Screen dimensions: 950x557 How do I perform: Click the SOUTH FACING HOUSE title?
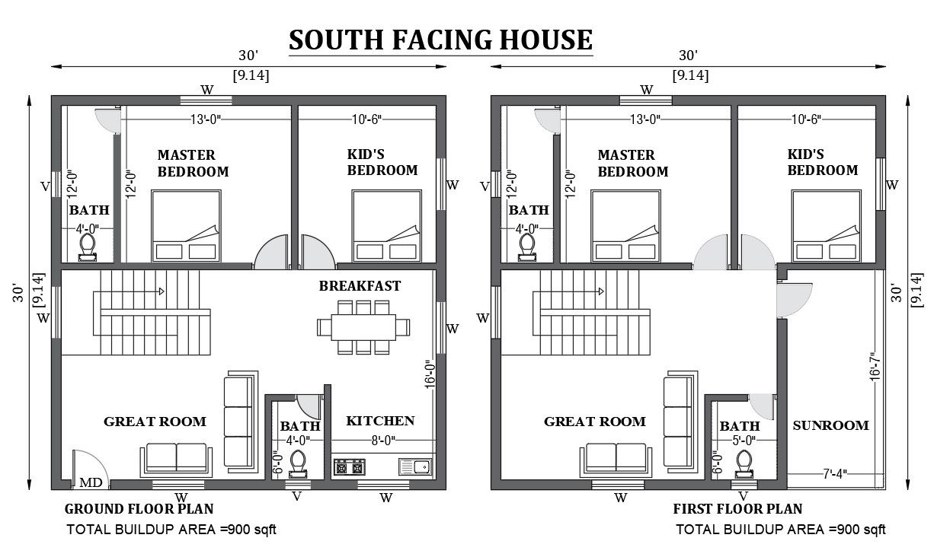tap(440, 40)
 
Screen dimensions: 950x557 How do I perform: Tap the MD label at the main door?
tap(91, 482)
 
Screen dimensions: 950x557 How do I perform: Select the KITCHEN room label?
tap(380, 421)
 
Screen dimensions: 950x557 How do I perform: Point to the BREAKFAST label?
tap(360, 286)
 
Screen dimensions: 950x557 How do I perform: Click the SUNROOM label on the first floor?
tap(831, 425)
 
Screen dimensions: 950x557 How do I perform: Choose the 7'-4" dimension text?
tap(835, 474)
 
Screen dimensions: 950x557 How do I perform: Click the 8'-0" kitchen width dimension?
tap(383, 441)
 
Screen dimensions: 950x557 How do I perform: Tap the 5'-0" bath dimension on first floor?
tap(744, 441)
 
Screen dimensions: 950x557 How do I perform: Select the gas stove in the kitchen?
tap(349, 466)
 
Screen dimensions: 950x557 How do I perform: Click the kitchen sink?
tap(415, 466)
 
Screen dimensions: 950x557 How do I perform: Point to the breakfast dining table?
tap(363, 327)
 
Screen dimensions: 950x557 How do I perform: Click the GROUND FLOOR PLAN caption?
tap(139, 509)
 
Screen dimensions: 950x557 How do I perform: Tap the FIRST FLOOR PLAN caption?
tap(737, 509)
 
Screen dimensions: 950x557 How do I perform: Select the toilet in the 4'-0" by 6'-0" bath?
tap(298, 464)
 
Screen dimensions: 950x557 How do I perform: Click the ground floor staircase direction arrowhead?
tap(162, 291)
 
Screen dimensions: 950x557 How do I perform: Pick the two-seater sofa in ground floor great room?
tap(176, 460)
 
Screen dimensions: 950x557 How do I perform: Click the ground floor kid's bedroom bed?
tap(386, 226)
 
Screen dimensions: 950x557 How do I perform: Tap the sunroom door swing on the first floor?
tap(795, 300)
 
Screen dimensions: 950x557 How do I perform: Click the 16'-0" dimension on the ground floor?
tap(430, 374)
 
